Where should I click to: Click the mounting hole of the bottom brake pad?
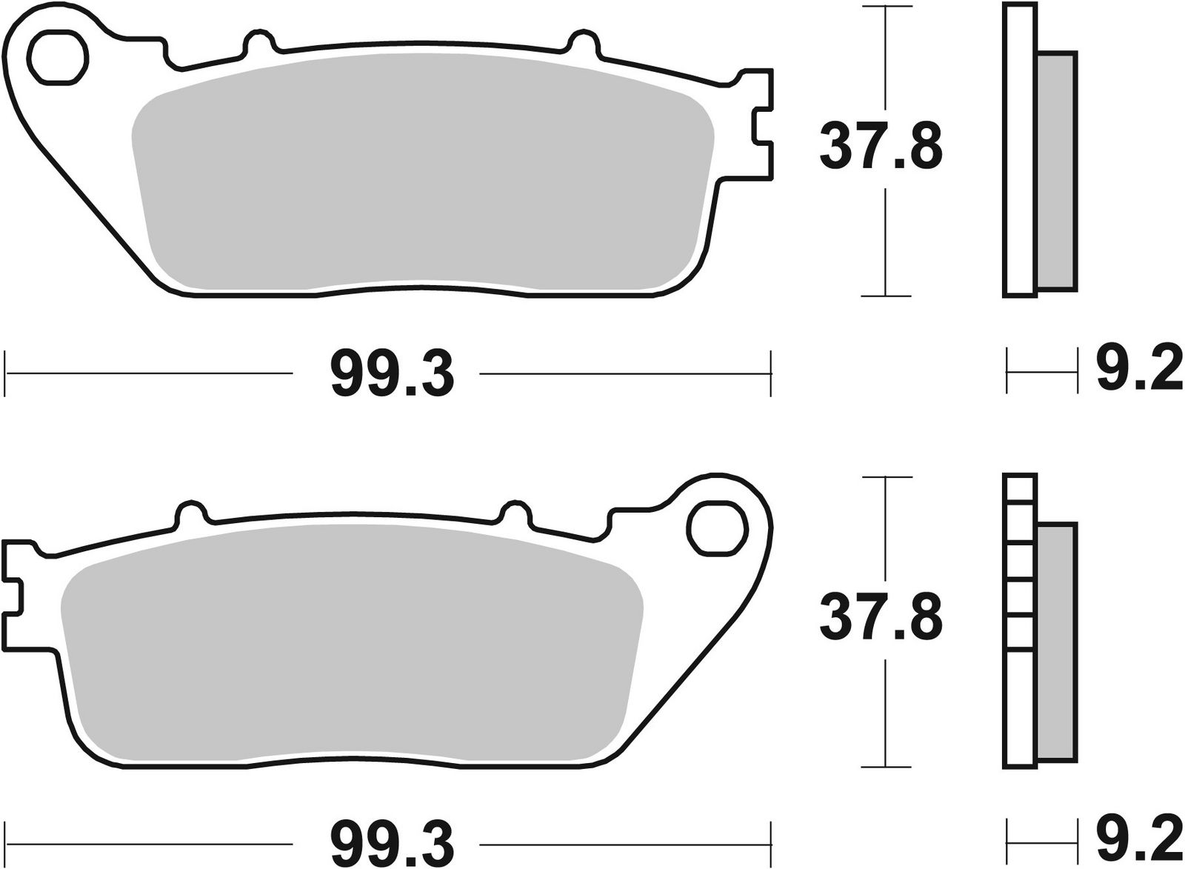coord(715,527)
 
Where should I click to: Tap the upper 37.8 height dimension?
coord(881,147)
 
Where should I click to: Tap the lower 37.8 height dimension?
coord(881,616)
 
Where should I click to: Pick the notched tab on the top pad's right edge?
coord(763,122)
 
